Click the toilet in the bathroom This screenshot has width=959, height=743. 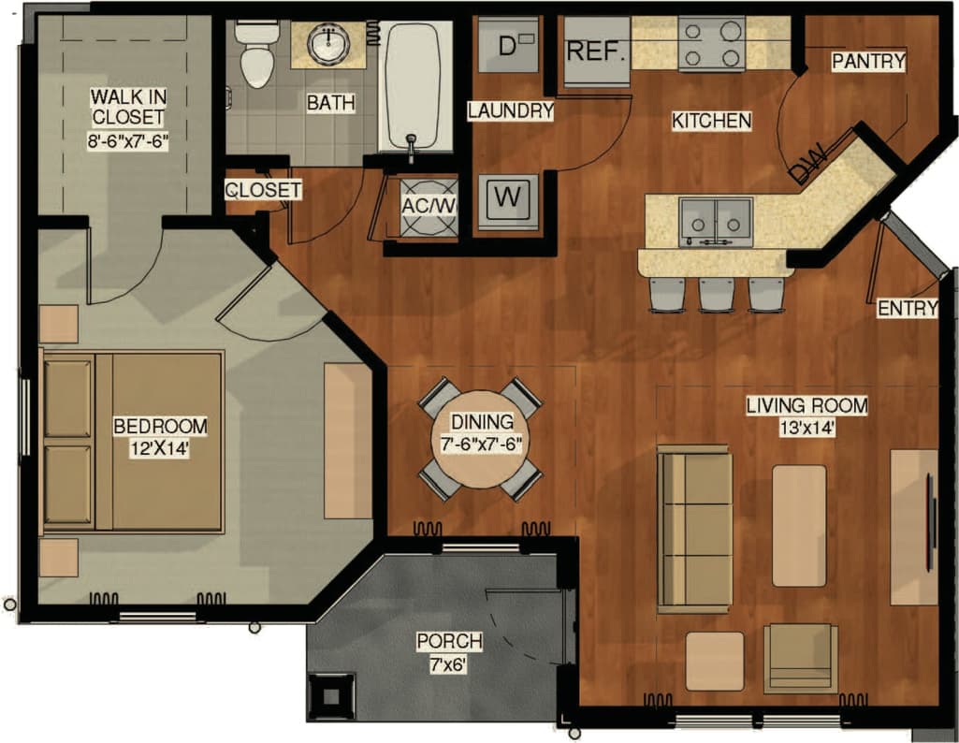254,54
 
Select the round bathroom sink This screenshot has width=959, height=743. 328,43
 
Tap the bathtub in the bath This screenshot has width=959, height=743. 414,86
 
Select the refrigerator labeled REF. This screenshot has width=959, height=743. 596,51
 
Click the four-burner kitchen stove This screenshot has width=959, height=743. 711,43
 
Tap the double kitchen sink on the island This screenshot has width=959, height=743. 716,221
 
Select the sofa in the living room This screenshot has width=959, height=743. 694,530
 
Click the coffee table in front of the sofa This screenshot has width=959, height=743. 799,526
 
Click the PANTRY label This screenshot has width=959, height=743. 868,62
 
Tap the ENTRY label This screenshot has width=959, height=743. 907,309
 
